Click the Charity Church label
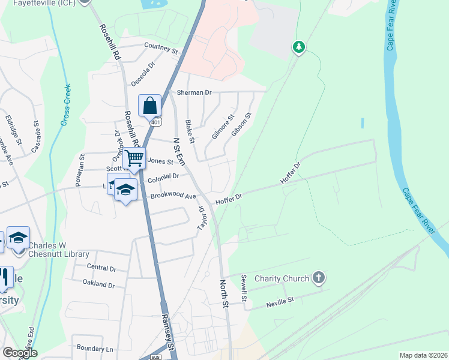point(282,278)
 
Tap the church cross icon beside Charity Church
point(319,278)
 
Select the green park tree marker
point(298,47)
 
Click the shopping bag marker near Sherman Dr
point(149,106)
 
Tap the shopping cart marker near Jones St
point(134,159)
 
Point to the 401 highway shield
point(155,122)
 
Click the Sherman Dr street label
point(194,92)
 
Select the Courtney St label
point(161,47)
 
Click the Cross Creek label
point(65,105)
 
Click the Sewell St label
point(244,288)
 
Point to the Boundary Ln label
point(95,348)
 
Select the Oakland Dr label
point(98,284)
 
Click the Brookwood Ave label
point(173,196)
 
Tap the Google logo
point(20,353)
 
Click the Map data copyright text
point(423,355)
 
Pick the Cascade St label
point(37,136)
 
